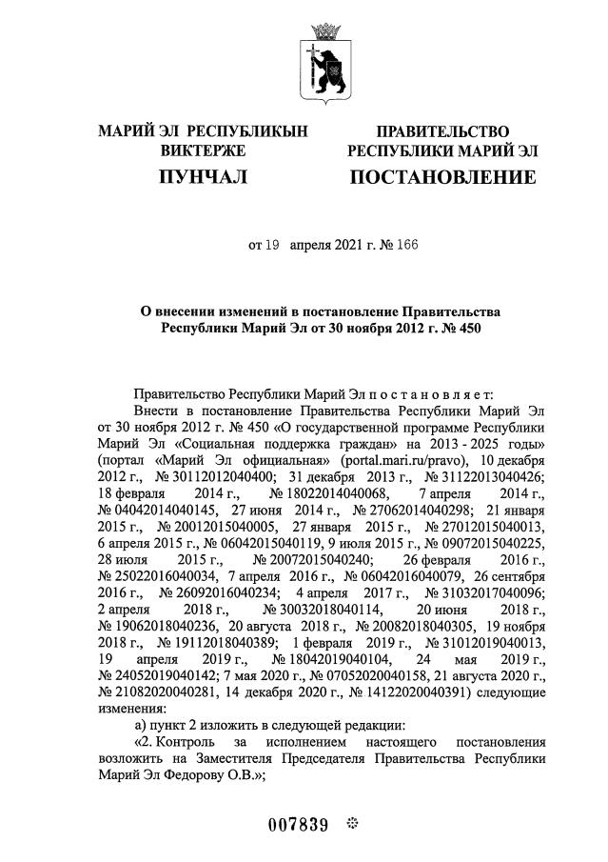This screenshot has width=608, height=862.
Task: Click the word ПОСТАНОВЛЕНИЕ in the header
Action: [442, 177]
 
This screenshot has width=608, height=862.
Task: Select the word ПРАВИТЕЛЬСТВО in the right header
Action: [442, 131]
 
